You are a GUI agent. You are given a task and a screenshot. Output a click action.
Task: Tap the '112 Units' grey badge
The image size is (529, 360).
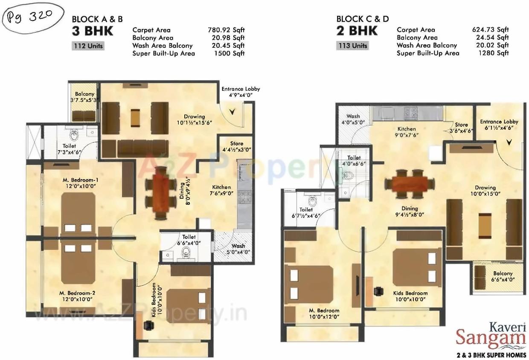[x=87, y=46]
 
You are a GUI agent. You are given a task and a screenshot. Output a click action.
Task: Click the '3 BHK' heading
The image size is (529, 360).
[x=93, y=31]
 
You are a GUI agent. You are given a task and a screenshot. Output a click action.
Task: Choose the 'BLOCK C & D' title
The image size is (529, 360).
[x=362, y=19]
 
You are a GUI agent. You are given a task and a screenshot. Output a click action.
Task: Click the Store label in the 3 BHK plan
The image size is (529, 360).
[x=237, y=147]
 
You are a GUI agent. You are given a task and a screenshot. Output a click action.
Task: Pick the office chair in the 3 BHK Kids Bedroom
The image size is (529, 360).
[x=148, y=325]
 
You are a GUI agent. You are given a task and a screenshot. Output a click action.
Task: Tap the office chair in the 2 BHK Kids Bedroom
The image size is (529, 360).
[x=378, y=291]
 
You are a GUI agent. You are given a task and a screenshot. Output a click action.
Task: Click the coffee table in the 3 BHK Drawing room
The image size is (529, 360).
[x=135, y=116]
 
